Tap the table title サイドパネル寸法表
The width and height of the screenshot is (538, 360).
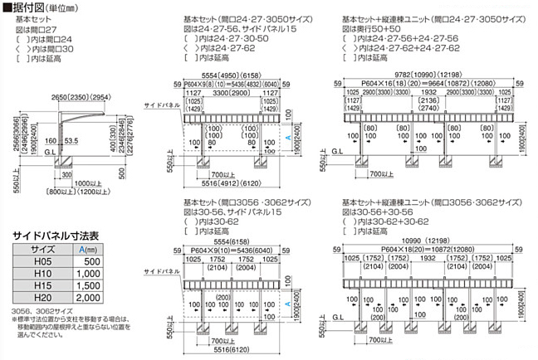pyautogui.click(x=50, y=236)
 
